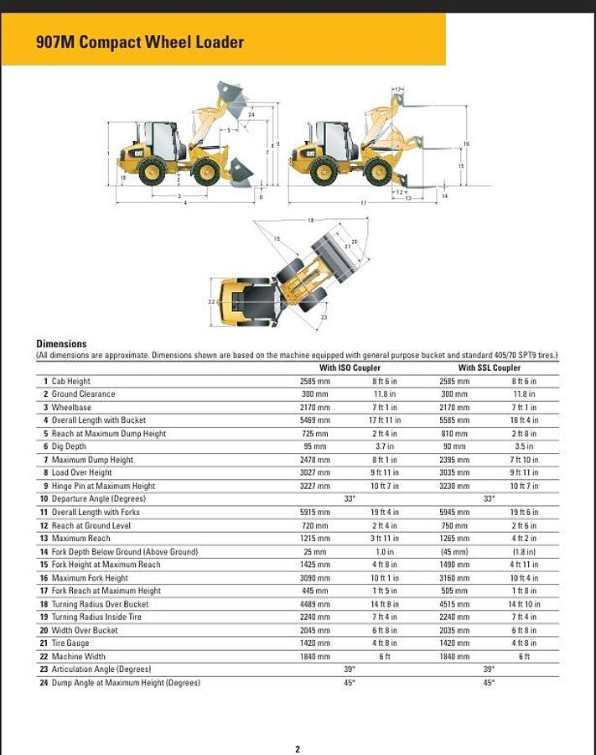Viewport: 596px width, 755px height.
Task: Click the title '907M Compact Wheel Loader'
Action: coord(140,42)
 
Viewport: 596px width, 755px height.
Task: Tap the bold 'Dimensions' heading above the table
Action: coord(61,343)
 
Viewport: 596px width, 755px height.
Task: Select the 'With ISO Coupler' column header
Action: coord(350,367)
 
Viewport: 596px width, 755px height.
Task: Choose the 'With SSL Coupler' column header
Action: coord(489,367)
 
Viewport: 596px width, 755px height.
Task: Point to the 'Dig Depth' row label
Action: coord(69,446)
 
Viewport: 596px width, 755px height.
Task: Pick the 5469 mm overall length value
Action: coord(315,420)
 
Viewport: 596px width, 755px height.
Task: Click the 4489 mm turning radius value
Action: coord(315,604)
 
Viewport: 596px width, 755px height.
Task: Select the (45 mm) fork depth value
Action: coord(454,552)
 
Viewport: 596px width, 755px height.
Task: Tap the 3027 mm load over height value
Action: coord(315,472)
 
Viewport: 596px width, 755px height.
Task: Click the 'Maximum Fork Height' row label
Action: coord(90,578)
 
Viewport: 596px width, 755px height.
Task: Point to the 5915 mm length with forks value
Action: coord(315,513)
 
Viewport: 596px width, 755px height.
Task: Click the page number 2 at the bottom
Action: coord(298,749)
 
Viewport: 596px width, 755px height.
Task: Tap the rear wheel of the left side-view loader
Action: coord(152,172)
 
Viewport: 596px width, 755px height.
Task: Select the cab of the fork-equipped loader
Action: coord(335,140)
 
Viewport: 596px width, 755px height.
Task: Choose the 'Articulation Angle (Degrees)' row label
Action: coord(101,669)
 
